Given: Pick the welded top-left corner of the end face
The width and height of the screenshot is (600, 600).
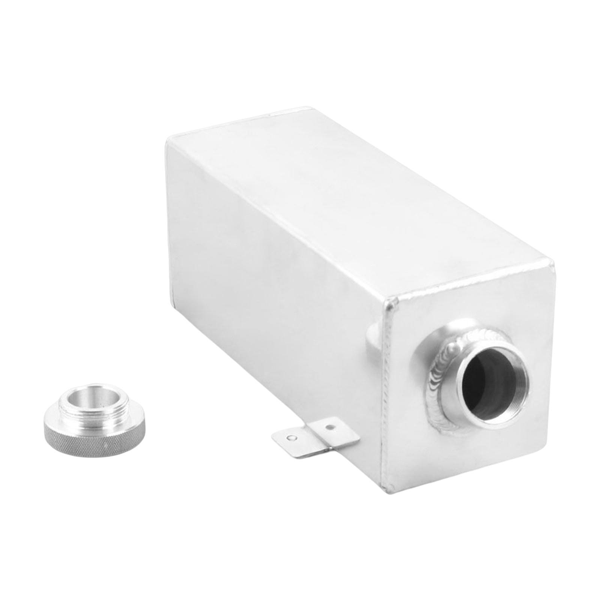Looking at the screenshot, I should [390, 300].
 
